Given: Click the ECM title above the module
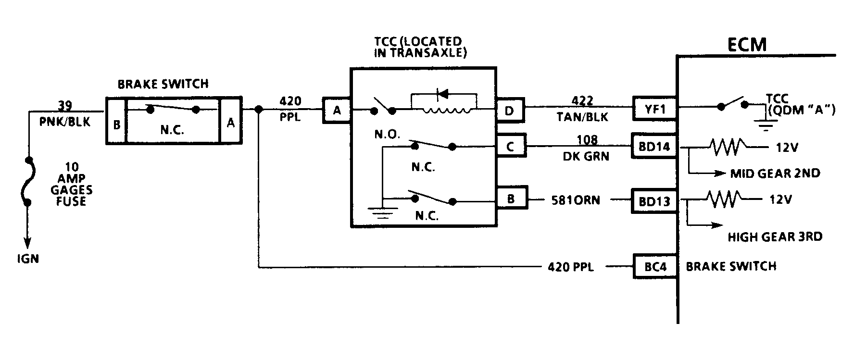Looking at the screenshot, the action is click(x=746, y=44).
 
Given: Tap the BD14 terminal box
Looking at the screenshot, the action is click(x=654, y=146).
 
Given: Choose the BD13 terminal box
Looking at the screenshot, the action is click(x=654, y=201).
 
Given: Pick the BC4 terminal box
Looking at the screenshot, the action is click(x=655, y=266).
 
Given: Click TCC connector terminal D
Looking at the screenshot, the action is click(x=510, y=111).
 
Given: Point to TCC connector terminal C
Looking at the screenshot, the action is click(x=511, y=146).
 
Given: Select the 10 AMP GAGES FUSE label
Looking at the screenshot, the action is click(x=72, y=184).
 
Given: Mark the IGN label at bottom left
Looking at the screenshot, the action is click(x=27, y=259).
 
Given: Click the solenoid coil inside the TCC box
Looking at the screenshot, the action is click(x=446, y=112).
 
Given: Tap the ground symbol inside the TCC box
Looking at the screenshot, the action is click(x=382, y=211).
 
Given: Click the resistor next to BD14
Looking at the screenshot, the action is click(x=727, y=147).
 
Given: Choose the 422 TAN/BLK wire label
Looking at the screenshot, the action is click(x=582, y=109).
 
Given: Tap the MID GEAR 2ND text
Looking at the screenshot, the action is click(x=775, y=173).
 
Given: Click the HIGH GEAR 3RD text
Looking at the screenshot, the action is click(x=775, y=236).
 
